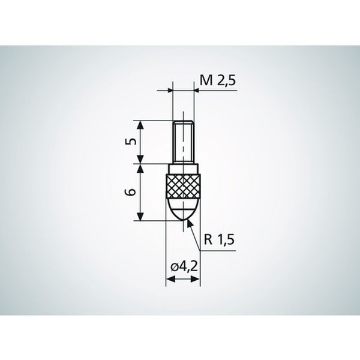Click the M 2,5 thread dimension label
click(x=218, y=81)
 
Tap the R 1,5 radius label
click(x=219, y=240)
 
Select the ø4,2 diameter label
click(x=184, y=267)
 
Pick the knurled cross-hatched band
click(x=183, y=186)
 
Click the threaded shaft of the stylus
click(x=183, y=142)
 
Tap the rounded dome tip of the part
click(x=183, y=209)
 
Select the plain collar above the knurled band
click(x=183, y=169)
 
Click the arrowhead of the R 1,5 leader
click(x=189, y=223)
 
